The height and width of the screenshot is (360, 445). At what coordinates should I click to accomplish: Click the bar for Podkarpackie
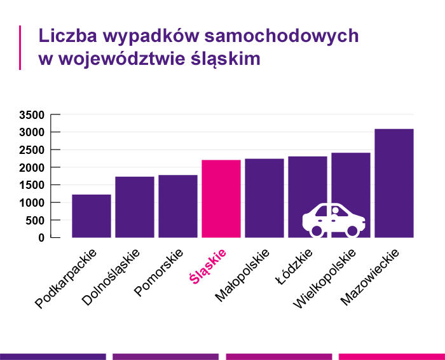click(x=92, y=216)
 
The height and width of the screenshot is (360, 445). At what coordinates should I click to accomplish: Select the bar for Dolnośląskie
click(x=135, y=207)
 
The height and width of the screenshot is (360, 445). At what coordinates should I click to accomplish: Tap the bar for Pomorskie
click(x=178, y=207)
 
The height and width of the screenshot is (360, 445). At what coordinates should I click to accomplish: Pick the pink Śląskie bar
click(x=221, y=199)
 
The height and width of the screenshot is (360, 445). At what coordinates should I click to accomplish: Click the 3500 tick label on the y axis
click(x=32, y=115)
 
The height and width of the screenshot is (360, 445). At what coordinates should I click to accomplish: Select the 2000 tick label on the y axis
click(x=32, y=168)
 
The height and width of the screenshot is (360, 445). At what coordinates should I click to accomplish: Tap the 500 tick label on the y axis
click(x=35, y=221)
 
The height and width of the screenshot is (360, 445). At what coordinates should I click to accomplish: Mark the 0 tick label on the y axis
click(x=41, y=238)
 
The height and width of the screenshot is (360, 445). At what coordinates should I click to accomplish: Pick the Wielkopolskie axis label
click(x=324, y=279)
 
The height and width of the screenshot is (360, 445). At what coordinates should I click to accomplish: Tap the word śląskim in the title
click(x=226, y=59)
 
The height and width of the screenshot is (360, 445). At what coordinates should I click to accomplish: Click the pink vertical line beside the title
click(x=20, y=48)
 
